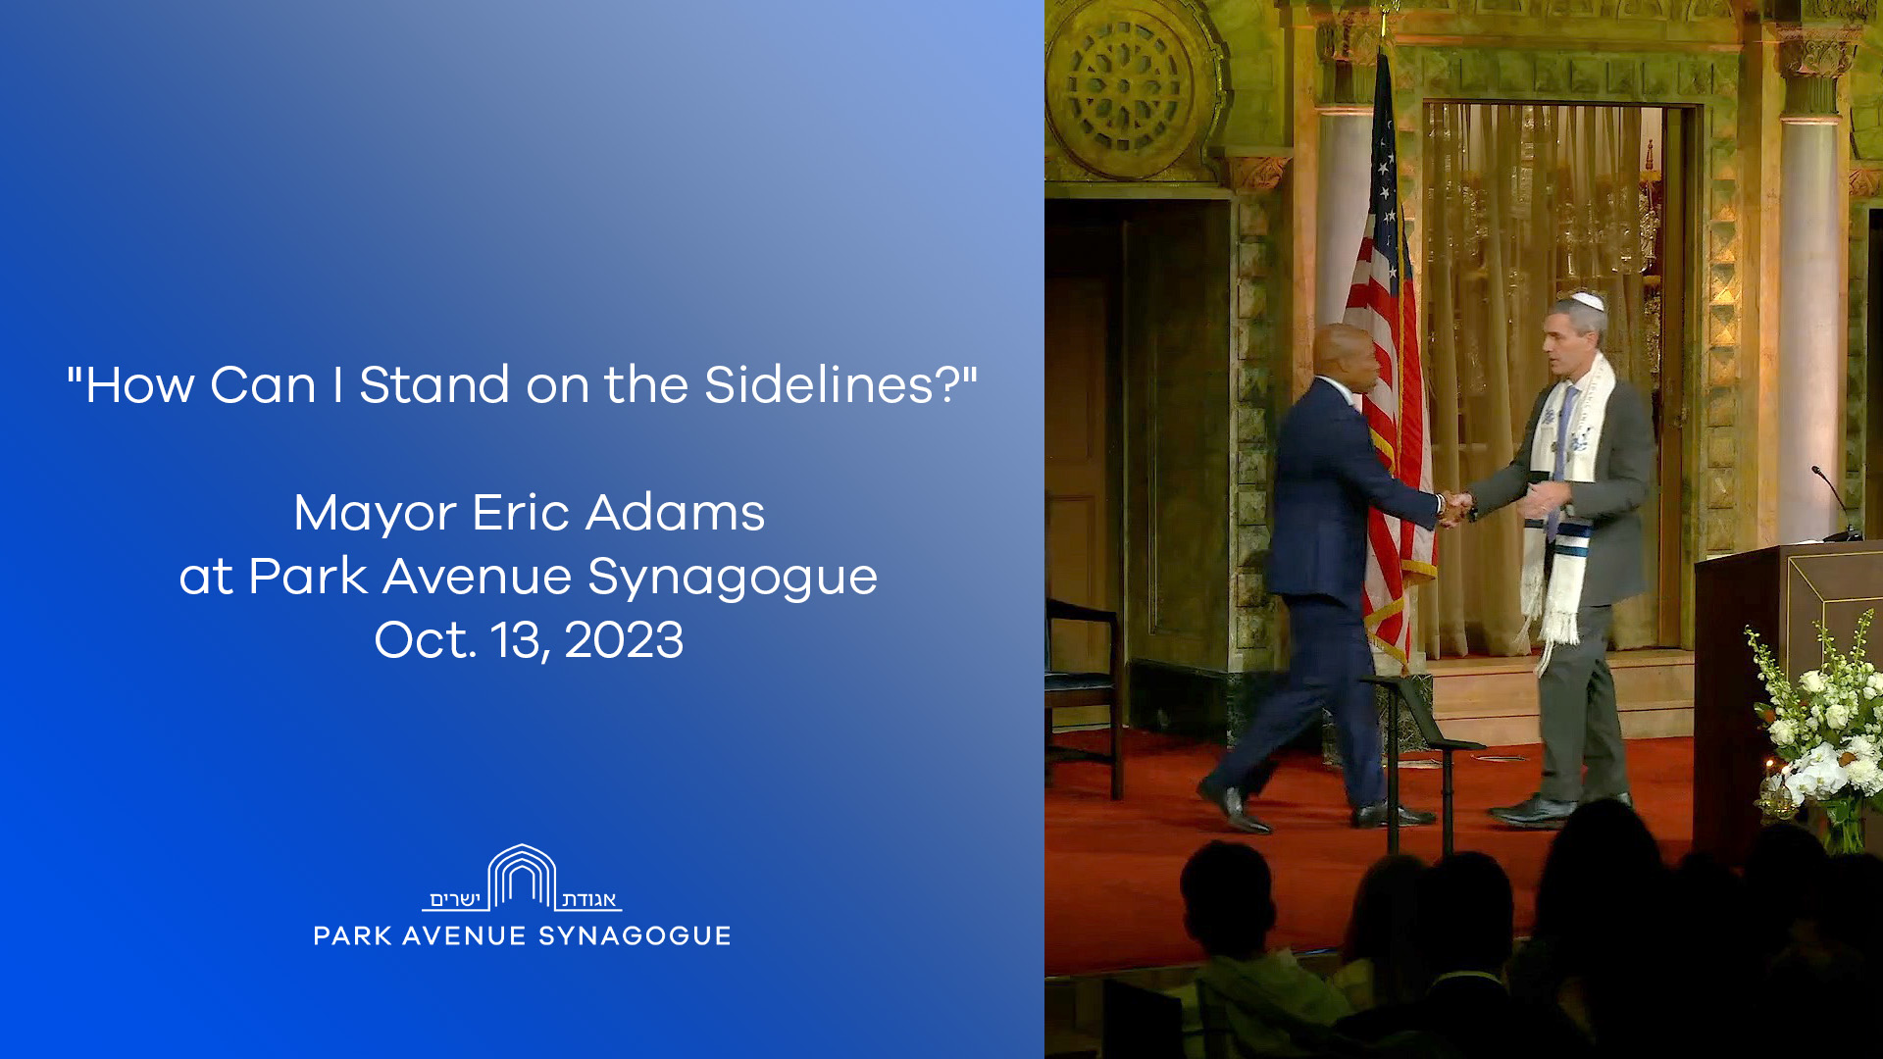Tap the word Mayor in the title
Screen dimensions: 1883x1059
coord(376,513)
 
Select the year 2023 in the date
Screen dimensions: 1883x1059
coord(624,640)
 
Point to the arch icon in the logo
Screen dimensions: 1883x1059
coord(522,877)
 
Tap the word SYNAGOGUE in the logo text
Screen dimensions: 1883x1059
coord(635,936)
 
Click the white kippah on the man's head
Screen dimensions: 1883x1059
coord(1587,300)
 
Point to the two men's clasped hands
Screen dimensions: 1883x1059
coord(1454,508)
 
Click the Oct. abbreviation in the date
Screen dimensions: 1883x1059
coord(425,640)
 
